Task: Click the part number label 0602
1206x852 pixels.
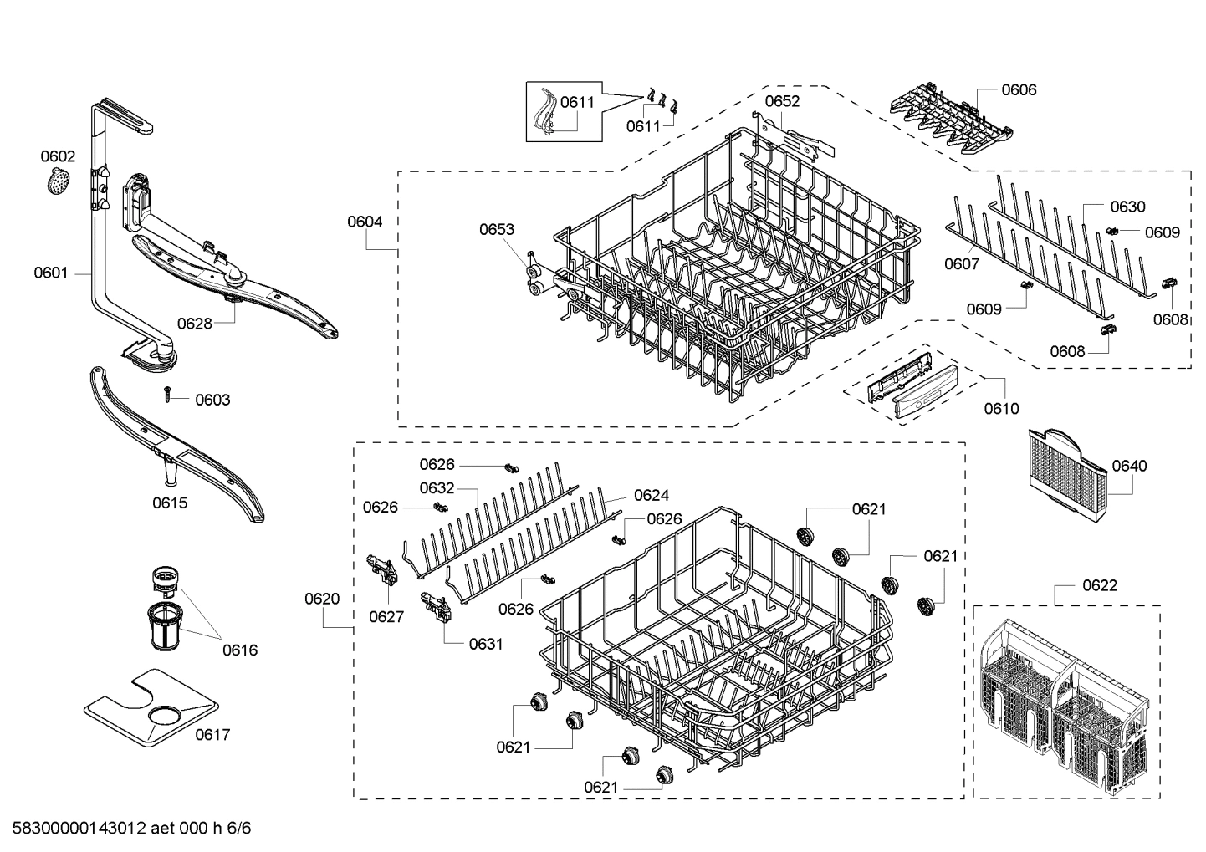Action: pos(58,156)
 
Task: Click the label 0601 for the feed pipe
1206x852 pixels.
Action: pos(51,273)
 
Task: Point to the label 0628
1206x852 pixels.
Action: pos(194,324)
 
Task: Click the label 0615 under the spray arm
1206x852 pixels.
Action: pos(170,503)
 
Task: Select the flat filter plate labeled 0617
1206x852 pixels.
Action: pos(151,711)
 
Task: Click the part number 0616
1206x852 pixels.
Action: pos(239,650)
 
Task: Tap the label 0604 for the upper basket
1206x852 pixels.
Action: pos(365,222)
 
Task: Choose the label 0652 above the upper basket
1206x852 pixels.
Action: pos(782,101)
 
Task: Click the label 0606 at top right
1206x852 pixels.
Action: pos(1018,89)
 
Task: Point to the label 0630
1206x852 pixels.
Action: pos(1127,207)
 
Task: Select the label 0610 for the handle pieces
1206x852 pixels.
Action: pos(1001,408)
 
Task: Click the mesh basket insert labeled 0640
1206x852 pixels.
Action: pos(1066,472)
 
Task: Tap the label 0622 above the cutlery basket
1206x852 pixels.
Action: pos(1099,585)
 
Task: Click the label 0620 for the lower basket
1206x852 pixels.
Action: pos(322,599)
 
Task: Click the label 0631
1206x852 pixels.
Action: pos(485,643)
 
